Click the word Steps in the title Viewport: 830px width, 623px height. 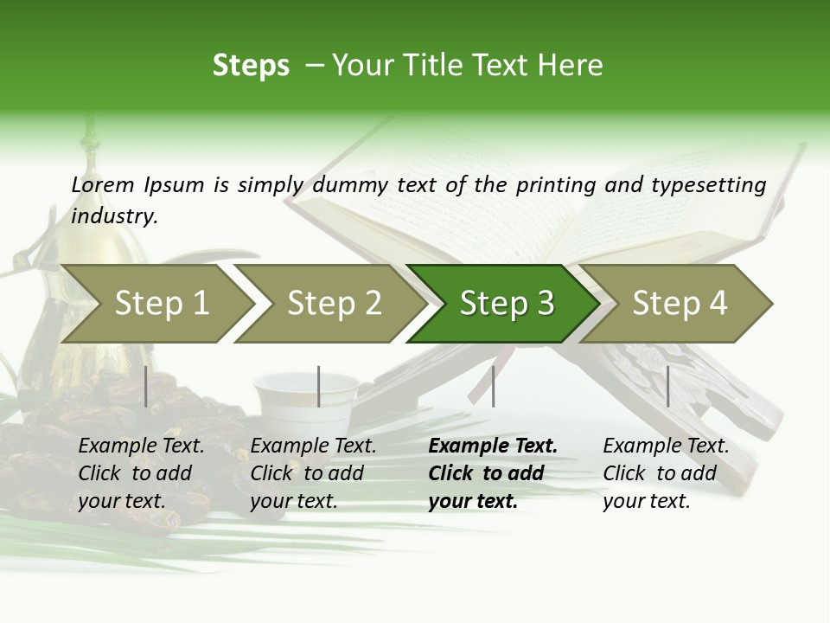coord(251,66)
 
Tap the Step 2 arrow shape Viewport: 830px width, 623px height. coord(334,304)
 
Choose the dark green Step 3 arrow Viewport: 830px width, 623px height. coord(507,304)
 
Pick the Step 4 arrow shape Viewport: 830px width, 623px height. coord(680,304)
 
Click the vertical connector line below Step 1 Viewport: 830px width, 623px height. coord(146,387)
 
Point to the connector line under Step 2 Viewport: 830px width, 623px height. coord(319,387)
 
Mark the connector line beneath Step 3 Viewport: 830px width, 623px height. coord(493,387)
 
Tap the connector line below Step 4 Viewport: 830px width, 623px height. coord(667,387)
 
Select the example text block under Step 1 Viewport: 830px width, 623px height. coord(141,473)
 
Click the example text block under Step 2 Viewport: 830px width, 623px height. coord(313,473)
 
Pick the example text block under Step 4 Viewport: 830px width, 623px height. coord(666,473)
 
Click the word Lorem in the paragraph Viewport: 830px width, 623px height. coord(103,185)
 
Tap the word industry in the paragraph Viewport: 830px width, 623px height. coord(114,216)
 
